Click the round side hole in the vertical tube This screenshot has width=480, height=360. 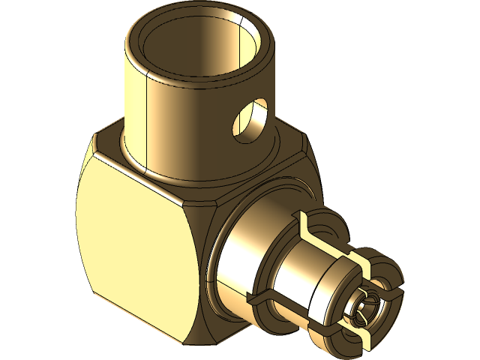click(247, 120)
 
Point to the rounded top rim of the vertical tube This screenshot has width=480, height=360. click(150, 22)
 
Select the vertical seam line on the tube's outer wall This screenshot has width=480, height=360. click(142, 112)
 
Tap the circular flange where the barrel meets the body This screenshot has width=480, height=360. click(217, 225)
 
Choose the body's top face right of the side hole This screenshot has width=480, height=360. click(289, 150)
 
